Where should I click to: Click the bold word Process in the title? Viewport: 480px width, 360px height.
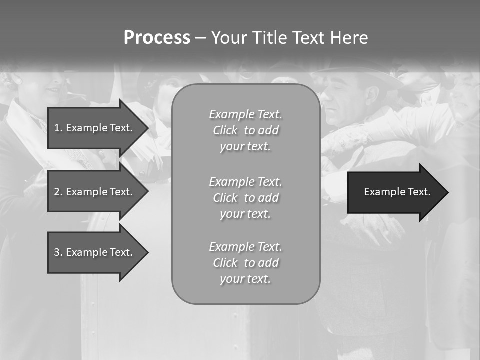157,38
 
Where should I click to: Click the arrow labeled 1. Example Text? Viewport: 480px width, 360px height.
95,128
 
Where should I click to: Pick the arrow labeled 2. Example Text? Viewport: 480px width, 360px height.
95,192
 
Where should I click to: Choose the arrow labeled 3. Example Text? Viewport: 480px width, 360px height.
95,252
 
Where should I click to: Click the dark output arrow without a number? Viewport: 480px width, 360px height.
395,192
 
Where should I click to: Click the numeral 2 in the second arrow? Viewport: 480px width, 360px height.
56,192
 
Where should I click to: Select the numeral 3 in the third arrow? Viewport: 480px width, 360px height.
56,252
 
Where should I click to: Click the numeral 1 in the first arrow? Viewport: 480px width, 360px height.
56,128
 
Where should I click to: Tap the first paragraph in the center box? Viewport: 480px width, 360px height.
245,130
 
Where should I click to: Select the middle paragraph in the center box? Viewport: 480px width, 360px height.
245,198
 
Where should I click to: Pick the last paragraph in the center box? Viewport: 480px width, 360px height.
245,263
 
